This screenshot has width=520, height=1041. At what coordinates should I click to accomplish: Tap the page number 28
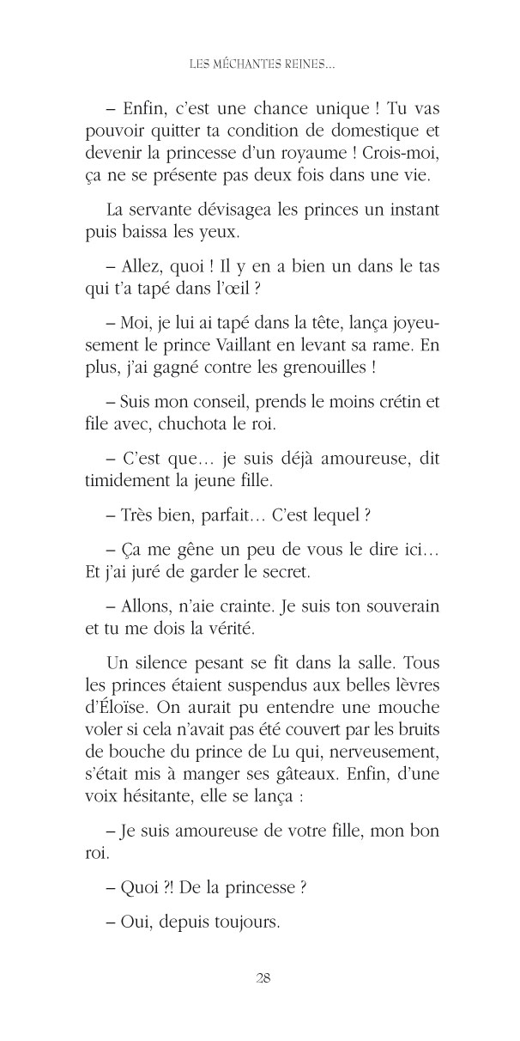pos(263,978)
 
